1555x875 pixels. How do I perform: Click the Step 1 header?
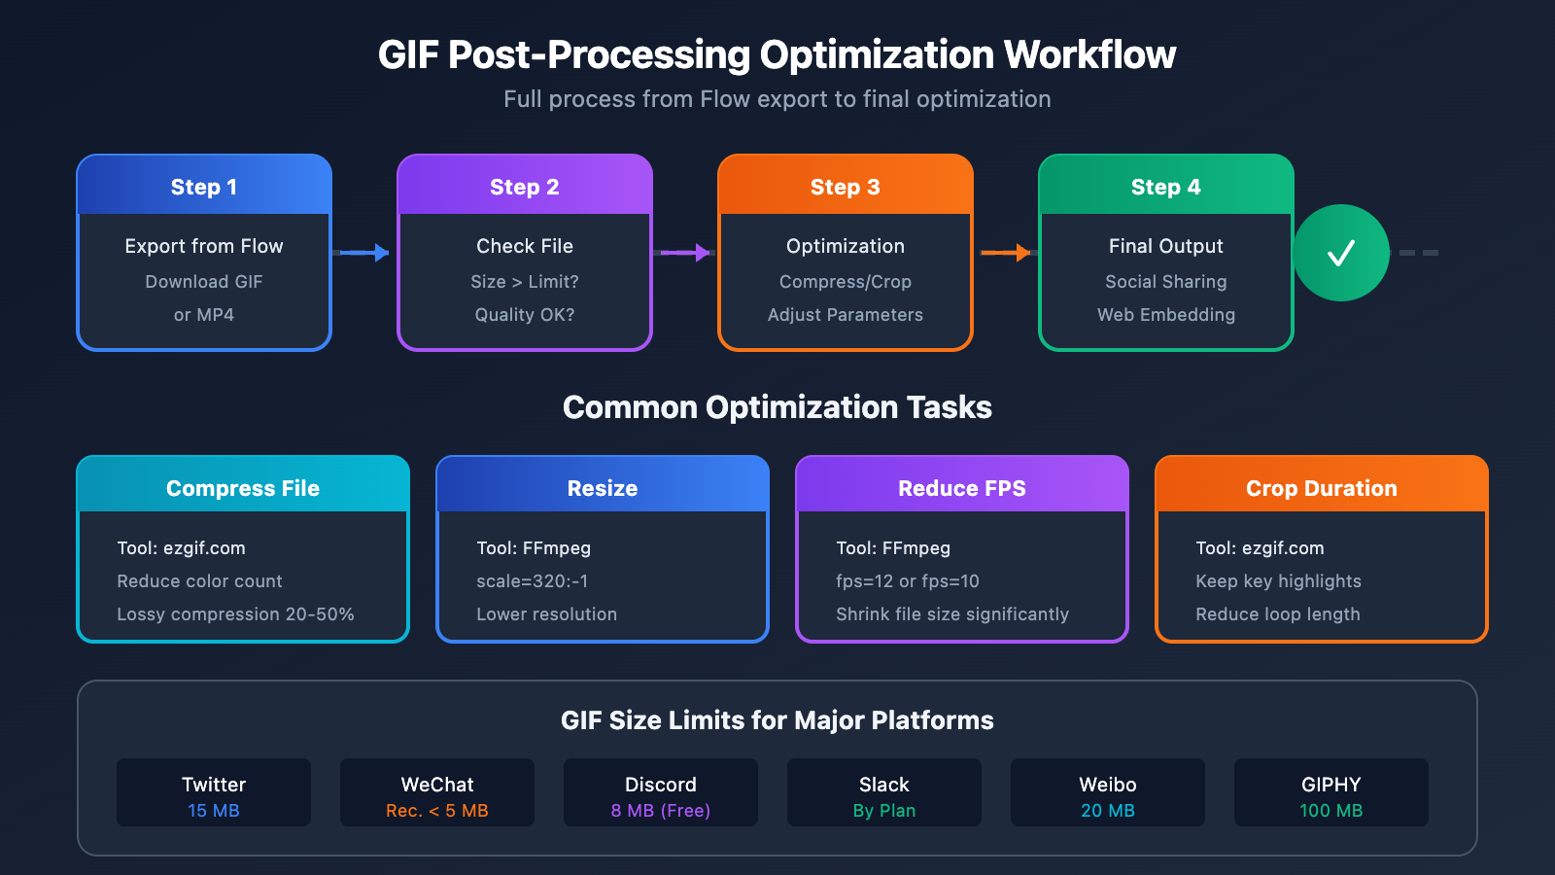204,187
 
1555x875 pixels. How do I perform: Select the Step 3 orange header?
846,187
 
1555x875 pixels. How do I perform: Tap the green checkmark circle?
1341,253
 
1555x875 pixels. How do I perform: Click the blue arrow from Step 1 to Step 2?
364,253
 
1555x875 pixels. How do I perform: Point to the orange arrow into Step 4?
1006,253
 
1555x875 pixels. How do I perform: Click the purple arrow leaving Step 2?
685,253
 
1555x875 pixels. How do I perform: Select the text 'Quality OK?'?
525,315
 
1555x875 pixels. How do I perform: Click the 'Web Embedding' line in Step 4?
1166,315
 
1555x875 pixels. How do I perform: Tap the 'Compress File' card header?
243,488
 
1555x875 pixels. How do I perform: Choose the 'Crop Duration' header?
1322,488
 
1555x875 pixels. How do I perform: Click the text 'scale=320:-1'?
533,581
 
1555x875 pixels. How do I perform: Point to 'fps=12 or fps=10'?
908,581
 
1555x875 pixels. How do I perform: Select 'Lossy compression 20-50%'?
235,614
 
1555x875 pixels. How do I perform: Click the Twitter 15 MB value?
214,811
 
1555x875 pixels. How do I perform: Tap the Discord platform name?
661,785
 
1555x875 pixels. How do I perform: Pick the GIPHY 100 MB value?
1331,811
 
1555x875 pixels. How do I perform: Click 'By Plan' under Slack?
884,811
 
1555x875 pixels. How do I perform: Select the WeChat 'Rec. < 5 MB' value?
437,811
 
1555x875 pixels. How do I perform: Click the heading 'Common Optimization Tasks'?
777,407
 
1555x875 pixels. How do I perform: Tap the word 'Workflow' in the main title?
1089,55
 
